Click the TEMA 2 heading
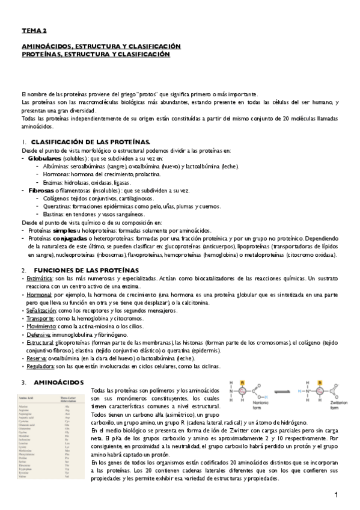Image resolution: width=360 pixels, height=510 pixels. pyautogui.click(x=34, y=30)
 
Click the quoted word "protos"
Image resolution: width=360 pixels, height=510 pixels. pyautogui.click(x=148, y=94)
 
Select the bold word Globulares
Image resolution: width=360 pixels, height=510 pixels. pyautogui.click(x=44, y=158)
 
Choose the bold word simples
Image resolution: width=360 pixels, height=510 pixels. pyautogui.click(x=64, y=230)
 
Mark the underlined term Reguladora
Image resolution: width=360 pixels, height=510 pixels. pyautogui.click(x=38, y=366)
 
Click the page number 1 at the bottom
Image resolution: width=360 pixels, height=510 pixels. pyautogui.click(x=337, y=494)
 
